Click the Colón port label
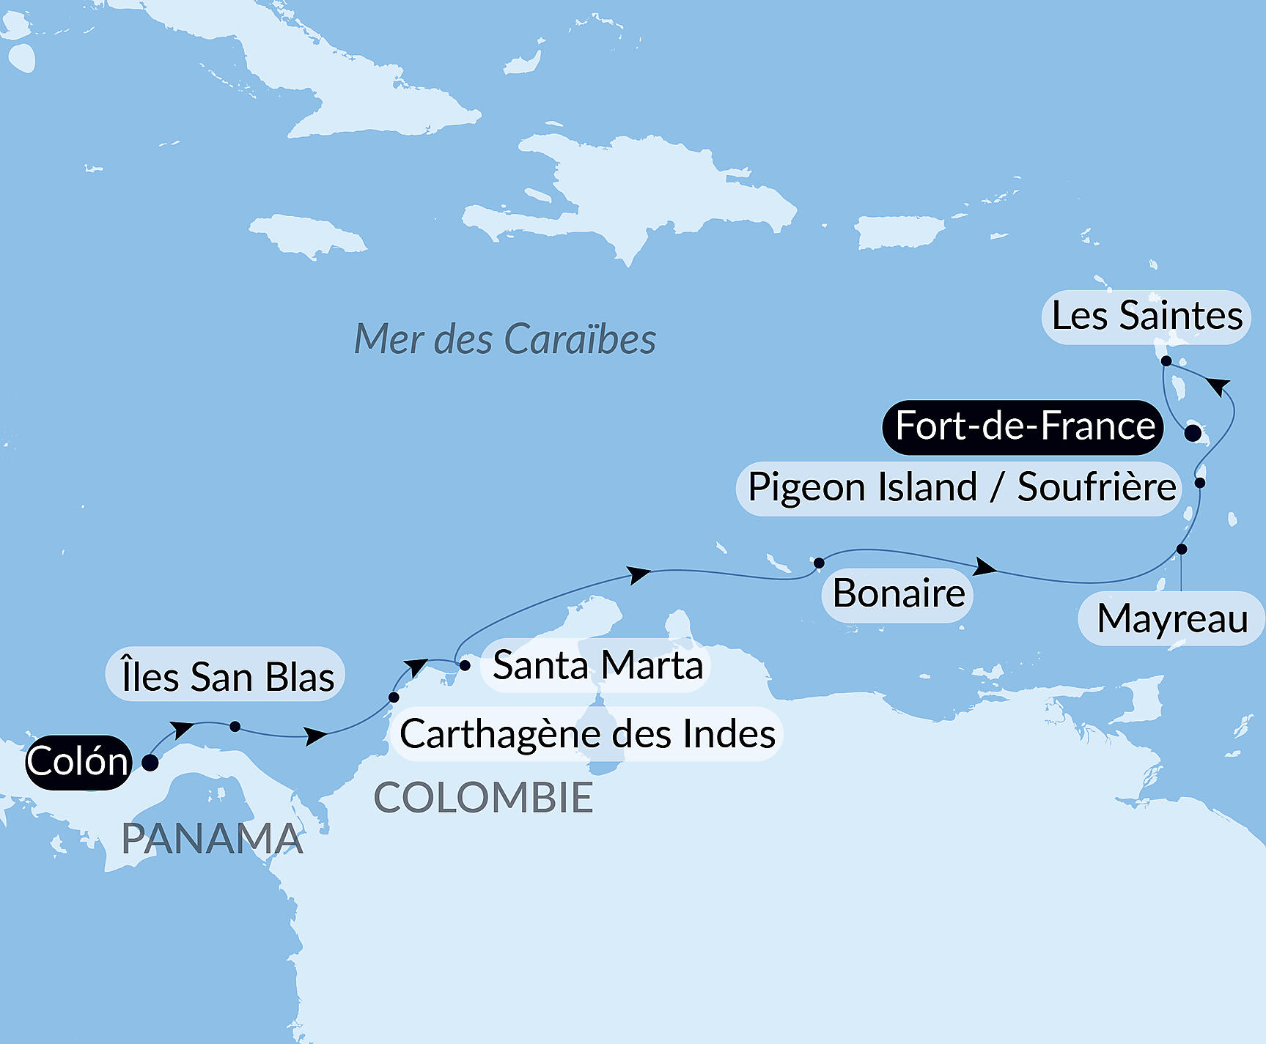(x=78, y=762)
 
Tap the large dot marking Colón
(x=150, y=763)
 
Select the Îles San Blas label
(x=227, y=675)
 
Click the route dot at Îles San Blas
(x=235, y=726)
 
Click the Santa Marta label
(x=597, y=665)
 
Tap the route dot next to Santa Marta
(x=465, y=665)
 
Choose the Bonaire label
(x=898, y=593)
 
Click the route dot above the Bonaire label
(x=819, y=563)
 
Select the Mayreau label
(x=1171, y=618)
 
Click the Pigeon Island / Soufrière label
(x=960, y=487)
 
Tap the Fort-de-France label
(x=1024, y=426)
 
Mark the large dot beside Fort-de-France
(x=1193, y=432)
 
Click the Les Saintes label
(x=1147, y=316)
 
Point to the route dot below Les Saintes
(x=1166, y=360)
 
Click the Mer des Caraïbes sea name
(x=504, y=339)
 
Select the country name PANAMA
(x=212, y=839)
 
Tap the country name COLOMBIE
(x=483, y=797)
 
